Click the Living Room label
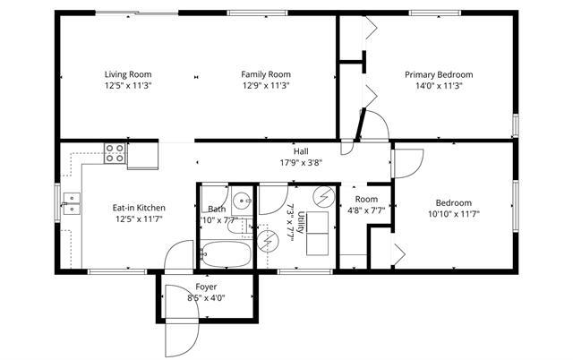[128, 74]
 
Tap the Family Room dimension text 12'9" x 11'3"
[266, 86]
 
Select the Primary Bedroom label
[439, 75]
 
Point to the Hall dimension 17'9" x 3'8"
[301, 163]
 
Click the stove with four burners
[115, 153]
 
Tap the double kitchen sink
[72, 203]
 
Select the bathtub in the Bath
[226, 254]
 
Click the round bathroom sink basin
[242, 200]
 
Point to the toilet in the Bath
[239, 227]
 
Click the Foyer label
[206, 287]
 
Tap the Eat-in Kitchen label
[139, 208]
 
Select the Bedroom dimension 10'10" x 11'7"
[454, 214]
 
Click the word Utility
[301, 222]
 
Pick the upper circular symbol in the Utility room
[324, 197]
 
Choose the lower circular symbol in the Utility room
[268, 241]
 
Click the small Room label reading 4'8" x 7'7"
[366, 210]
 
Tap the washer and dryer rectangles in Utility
[317, 233]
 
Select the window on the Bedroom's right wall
[516, 206]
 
